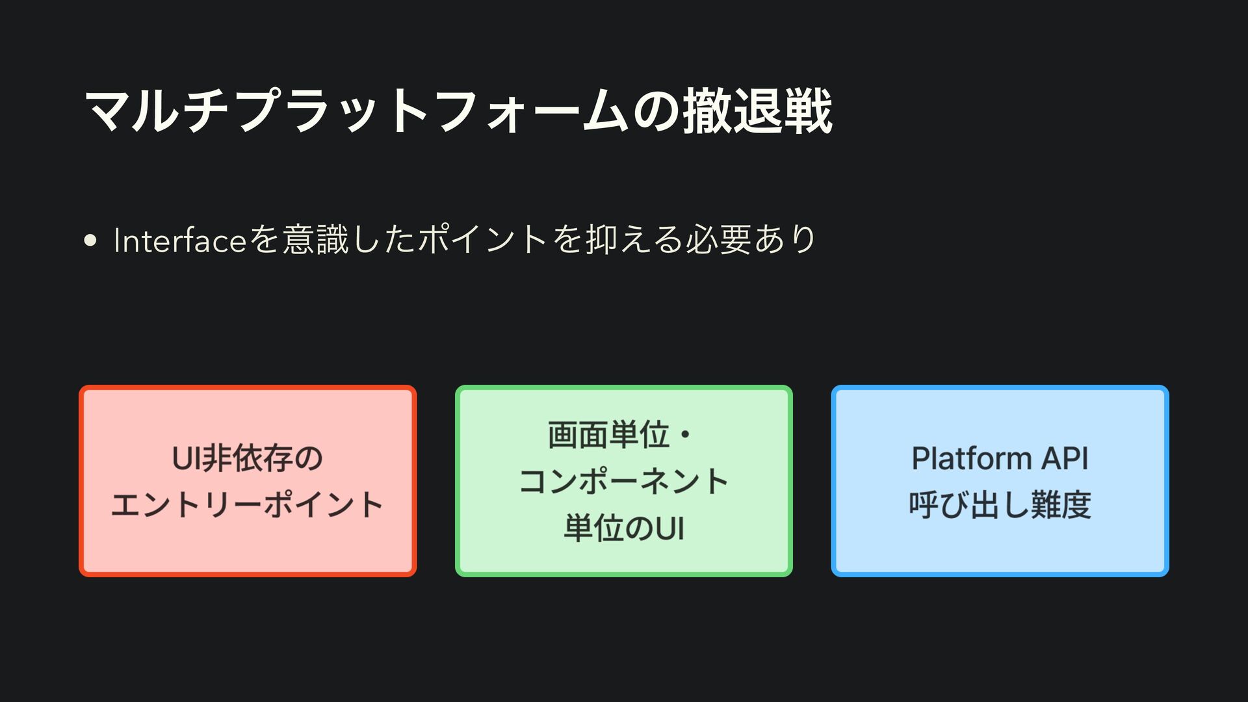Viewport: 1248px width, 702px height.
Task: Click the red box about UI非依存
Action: pyautogui.click(x=248, y=481)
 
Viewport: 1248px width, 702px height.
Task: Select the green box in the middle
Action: pyautogui.click(x=624, y=481)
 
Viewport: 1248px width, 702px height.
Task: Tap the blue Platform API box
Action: pyautogui.click(x=1000, y=481)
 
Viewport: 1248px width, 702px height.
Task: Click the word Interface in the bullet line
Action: pyautogui.click(x=179, y=240)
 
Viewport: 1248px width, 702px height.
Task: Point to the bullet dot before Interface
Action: pyautogui.click(x=90, y=240)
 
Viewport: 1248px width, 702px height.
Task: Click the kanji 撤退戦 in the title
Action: pyautogui.click(x=757, y=112)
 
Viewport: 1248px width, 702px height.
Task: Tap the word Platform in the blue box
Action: pyautogui.click(x=972, y=458)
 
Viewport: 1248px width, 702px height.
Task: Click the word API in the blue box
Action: pyautogui.click(x=1065, y=458)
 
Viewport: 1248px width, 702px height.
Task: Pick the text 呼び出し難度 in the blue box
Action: pyautogui.click(x=1000, y=505)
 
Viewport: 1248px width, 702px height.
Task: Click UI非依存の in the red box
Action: pyautogui.click(x=248, y=458)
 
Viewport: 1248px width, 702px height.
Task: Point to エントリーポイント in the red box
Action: pyautogui.click(x=248, y=505)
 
